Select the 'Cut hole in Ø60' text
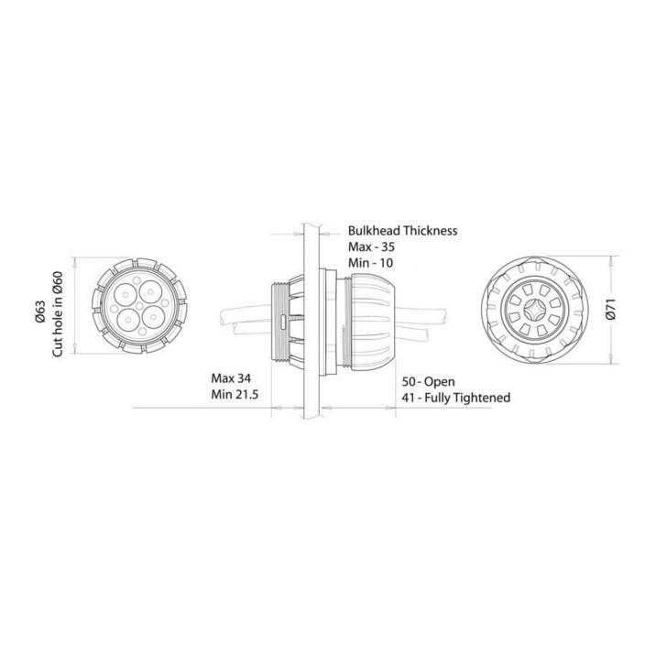[58, 314]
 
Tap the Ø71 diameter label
[612, 310]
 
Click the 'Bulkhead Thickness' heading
[402, 231]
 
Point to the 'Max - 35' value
[371, 246]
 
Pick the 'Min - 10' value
[370, 262]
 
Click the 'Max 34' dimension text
[231, 378]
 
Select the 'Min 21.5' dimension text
[235, 395]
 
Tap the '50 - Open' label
[428, 382]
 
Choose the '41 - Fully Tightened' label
[455, 398]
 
